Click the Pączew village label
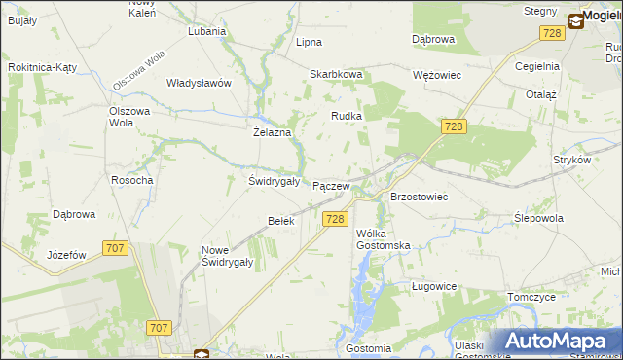tap(330, 186)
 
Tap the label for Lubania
tap(207, 31)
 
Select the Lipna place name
tap(309, 43)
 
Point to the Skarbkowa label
tap(336, 74)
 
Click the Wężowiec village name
tap(436, 74)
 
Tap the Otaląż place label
tap(540, 95)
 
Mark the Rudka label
tap(347, 116)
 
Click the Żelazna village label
tap(273, 132)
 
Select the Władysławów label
tap(199, 83)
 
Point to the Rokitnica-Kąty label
tap(42, 67)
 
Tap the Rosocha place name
tap(131, 180)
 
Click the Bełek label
tap(280, 221)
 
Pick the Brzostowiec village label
tap(419, 197)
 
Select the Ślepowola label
tap(538, 219)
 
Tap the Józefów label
tap(67, 255)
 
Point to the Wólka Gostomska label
tap(383, 239)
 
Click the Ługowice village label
tap(434, 286)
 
